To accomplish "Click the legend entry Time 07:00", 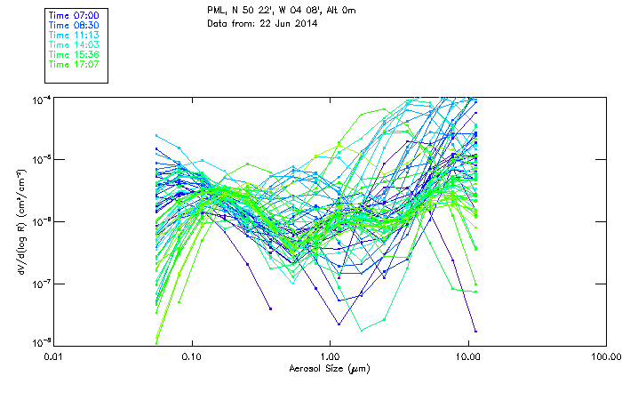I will point(74,16).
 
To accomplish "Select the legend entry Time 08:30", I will point(74,26).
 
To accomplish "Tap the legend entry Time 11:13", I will point(74,36).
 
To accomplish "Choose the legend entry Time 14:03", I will point(74,45).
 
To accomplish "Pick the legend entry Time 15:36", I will point(74,55).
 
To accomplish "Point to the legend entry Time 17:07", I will point(74,65).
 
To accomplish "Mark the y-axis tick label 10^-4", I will point(40,100).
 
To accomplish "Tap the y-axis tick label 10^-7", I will point(40,284).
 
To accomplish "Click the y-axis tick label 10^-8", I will point(40,342).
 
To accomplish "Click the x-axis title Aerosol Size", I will point(329,368).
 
